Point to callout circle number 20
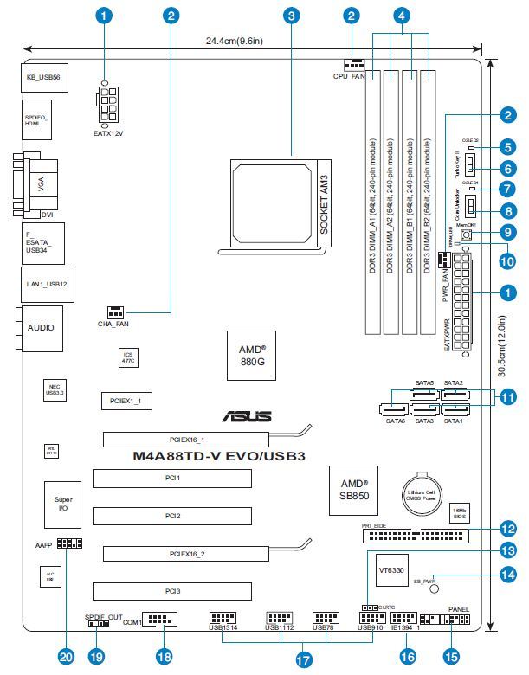click(x=66, y=656)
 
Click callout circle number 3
click(x=292, y=15)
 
